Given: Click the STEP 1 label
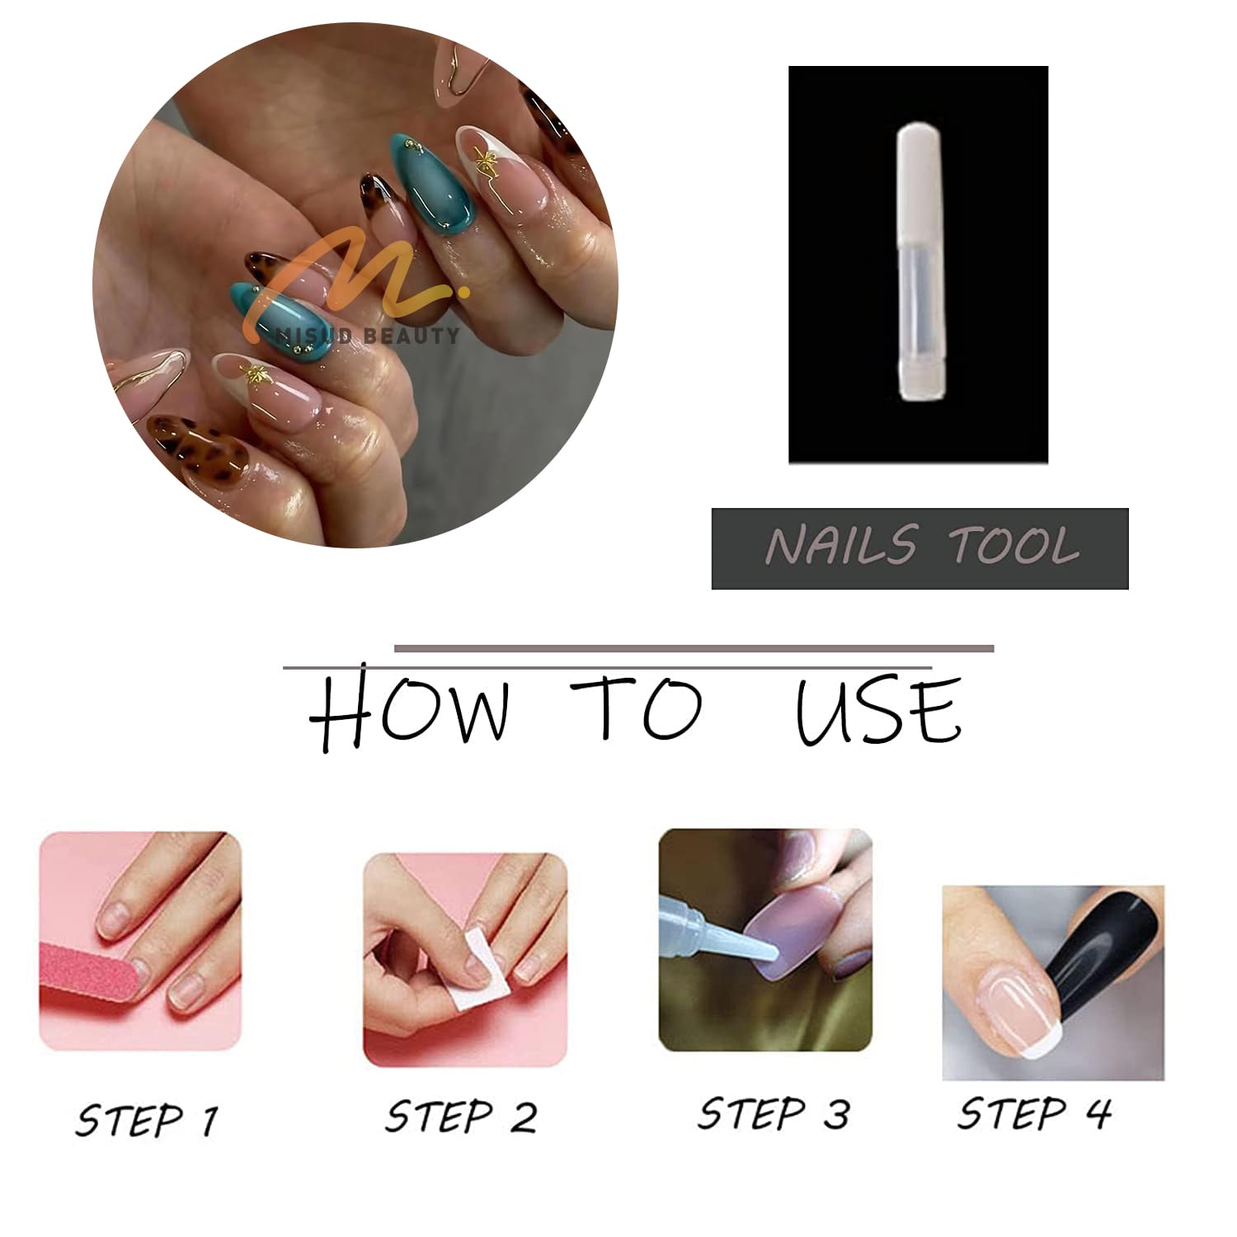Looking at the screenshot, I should click(x=147, y=1120).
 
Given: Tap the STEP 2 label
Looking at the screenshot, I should click(x=460, y=1117).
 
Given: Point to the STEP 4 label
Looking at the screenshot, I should click(x=1034, y=1113).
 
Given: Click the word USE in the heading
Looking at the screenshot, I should click(x=877, y=709).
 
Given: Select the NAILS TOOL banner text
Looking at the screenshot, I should click(x=920, y=547).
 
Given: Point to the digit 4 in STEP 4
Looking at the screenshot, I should click(x=1098, y=1113).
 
